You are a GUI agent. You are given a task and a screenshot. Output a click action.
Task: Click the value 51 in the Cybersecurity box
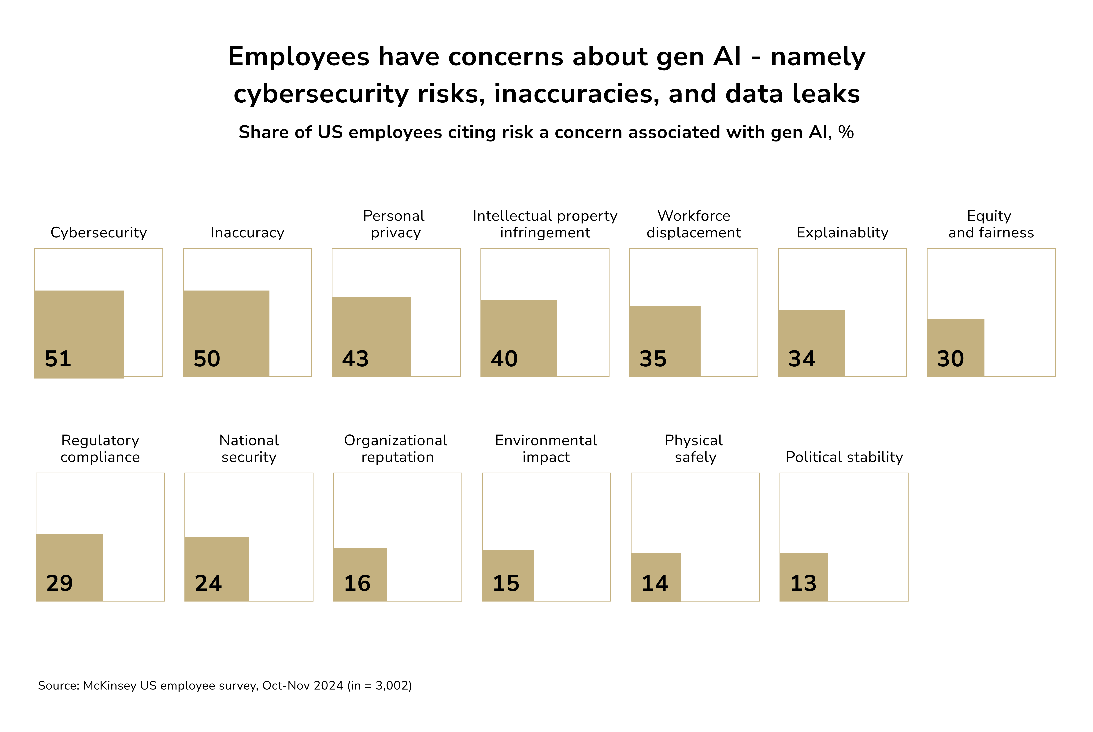(x=58, y=359)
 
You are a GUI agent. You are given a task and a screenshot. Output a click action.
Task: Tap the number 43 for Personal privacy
(x=355, y=359)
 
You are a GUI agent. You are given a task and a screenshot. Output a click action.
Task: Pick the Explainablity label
(x=842, y=232)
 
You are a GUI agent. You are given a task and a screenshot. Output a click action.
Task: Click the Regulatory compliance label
(x=100, y=449)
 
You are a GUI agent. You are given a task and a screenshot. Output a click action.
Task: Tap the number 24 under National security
(x=208, y=583)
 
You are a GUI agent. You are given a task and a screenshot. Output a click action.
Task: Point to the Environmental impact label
(x=546, y=449)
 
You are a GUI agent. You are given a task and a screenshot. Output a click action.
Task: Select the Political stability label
(x=844, y=457)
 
